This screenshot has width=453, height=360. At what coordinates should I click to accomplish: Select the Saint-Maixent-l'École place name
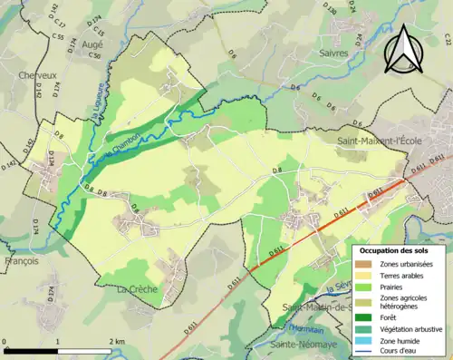(373, 141)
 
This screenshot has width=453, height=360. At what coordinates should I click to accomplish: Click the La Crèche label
(137, 288)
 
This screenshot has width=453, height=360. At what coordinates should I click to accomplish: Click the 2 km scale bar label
(116, 341)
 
